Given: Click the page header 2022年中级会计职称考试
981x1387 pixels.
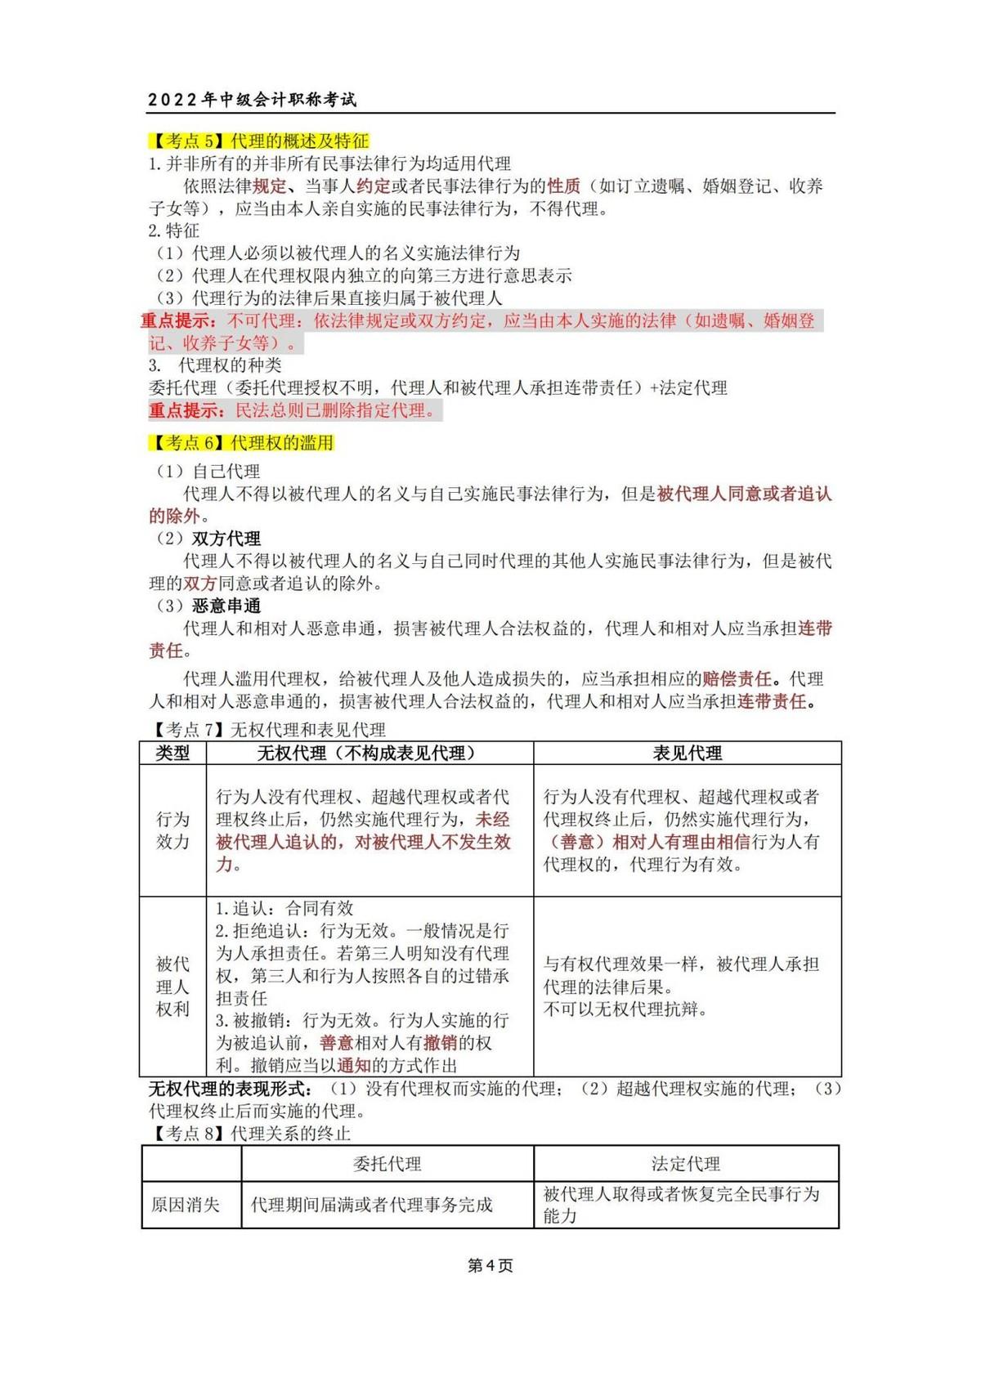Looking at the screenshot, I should coord(253,100).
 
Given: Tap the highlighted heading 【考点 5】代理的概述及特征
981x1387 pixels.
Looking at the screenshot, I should coord(259,141).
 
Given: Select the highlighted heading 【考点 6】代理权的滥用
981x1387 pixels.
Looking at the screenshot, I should coord(242,443).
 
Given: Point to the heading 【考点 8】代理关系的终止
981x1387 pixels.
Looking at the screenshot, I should coord(250,1133).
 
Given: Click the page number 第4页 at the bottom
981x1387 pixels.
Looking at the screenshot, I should coord(490,1266).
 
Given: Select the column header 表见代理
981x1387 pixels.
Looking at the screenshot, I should coord(687,753).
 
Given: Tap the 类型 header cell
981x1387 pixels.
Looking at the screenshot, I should coord(172,753).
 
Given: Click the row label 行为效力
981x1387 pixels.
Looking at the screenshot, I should coord(172,830).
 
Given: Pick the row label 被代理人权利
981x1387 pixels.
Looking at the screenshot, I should coord(172,987).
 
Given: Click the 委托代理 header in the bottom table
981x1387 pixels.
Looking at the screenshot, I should coord(387,1164).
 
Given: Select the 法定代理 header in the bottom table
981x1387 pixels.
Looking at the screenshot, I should coord(685,1164).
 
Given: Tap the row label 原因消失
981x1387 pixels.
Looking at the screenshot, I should coord(186,1205).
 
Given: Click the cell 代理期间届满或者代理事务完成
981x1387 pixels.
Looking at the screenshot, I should coord(372,1205).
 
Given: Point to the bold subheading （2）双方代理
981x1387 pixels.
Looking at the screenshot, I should coord(209,539).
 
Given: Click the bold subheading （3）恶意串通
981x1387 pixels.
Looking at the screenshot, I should coord(209,606).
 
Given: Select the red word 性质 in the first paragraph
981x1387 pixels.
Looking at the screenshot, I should coord(563,186).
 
